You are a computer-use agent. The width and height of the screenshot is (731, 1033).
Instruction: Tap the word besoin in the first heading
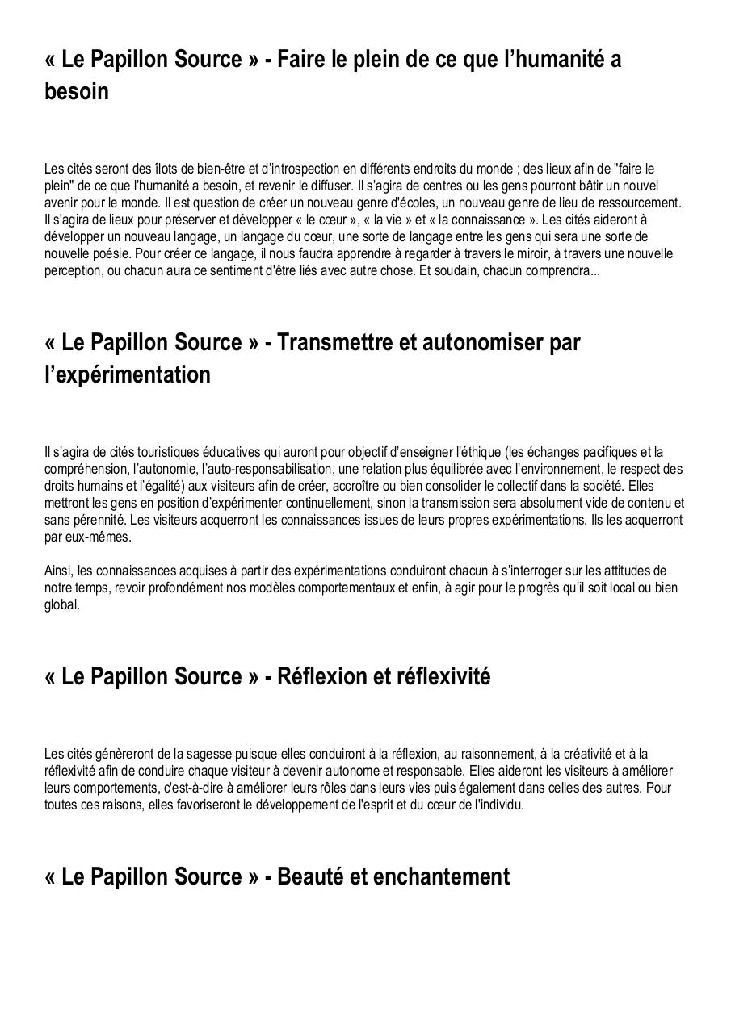[x=77, y=91]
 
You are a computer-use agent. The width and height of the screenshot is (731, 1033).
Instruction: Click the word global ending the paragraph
[x=61, y=604]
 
